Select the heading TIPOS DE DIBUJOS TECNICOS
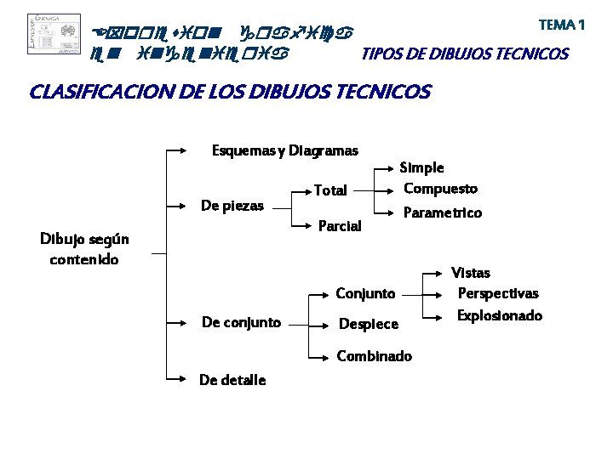465,55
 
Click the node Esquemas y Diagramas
284,151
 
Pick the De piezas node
232,206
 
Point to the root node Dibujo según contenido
84,249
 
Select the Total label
330,190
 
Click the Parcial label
339,226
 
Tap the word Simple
421,168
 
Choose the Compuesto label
440,189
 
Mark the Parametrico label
442,212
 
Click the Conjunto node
365,294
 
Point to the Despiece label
369,324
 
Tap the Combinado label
374,356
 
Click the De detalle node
232,380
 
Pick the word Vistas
471,273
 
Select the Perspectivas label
498,294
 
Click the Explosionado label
500,315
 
